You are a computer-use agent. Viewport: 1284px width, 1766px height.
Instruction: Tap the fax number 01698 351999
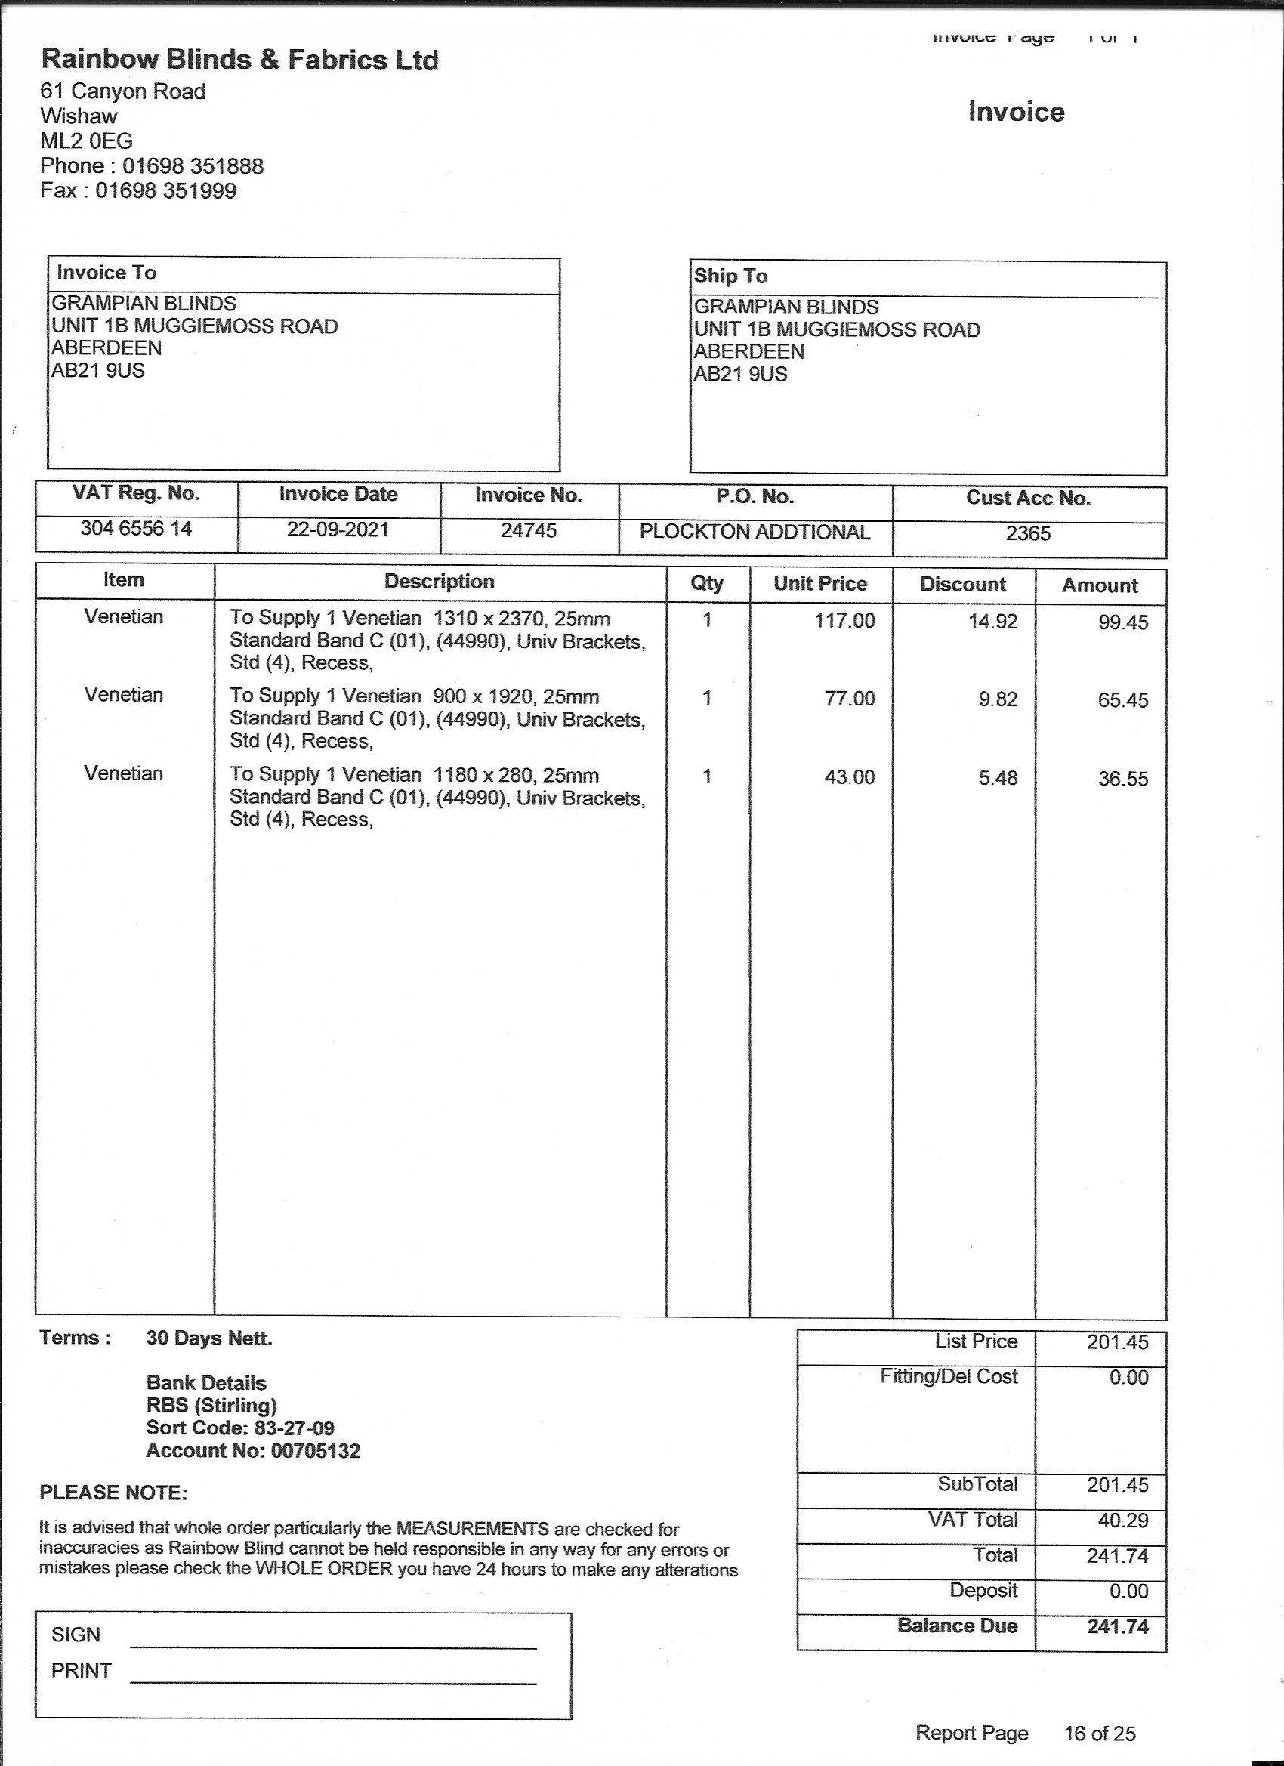point(165,191)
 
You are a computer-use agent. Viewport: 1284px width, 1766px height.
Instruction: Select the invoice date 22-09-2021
point(338,529)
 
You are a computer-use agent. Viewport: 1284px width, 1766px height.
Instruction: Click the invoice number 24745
point(529,530)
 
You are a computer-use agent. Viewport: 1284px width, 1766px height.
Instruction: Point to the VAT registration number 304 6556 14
point(136,529)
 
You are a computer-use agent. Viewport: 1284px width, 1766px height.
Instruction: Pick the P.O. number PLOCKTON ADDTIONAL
point(755,532)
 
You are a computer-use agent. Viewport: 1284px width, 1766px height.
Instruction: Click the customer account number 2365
point(1028,533)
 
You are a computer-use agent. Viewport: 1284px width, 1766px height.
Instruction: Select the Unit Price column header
point(820,584)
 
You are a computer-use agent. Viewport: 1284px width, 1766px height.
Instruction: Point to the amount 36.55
point(1123,779)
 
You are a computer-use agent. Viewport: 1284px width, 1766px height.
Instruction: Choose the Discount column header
point(962,585)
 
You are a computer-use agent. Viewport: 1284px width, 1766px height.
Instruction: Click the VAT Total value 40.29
point(1117,1521)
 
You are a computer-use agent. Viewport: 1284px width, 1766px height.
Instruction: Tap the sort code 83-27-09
point(294,1428)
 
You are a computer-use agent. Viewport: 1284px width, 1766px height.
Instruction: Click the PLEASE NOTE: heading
point(114,1493)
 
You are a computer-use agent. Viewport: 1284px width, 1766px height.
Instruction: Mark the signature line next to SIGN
point(333,1647)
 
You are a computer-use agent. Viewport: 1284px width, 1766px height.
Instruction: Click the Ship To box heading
point(730,276)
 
